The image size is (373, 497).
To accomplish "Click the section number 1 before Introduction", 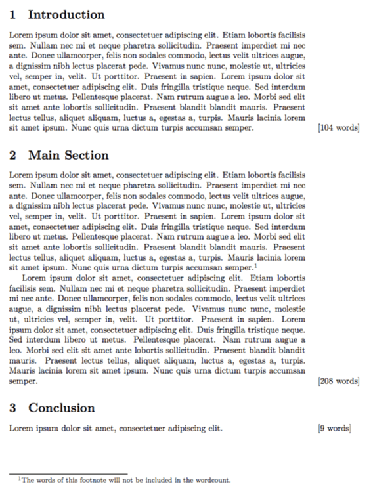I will pos(13,15).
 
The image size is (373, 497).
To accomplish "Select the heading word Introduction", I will pos(66,15).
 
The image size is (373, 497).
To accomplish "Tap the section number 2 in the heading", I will pos(13,156).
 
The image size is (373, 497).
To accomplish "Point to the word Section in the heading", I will pos(86,156).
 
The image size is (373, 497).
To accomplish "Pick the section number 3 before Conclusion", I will pos(13,408).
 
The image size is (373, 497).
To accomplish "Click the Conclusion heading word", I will pos(62,408).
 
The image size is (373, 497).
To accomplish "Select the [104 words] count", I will pos(338,128).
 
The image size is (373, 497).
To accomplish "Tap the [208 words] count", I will pos(338,381).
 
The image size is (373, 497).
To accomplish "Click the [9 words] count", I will pos(334,429).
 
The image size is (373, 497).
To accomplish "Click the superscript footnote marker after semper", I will pos(255,265).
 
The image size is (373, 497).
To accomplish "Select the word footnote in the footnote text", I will pos(82,481).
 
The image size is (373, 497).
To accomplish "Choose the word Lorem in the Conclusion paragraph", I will pos(20,429).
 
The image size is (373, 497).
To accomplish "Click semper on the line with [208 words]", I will pos(23,381).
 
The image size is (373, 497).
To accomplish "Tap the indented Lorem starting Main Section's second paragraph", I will pos(33,278).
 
